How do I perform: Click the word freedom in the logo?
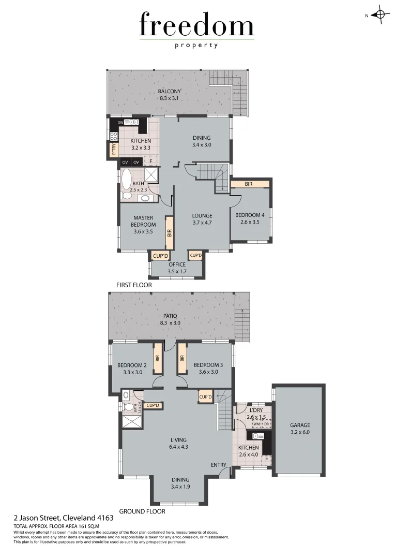[196, 25]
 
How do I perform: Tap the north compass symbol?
[380, 15]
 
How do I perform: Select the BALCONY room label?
[169, 92]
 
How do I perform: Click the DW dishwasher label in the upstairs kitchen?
[120, 122]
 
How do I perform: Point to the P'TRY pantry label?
[114, 150]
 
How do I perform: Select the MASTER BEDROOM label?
[143, 221]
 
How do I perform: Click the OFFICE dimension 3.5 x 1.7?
[176, 271]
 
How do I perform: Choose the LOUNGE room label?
[202, 215]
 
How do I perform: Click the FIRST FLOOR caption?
[134, 285]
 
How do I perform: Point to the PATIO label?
[170, 315]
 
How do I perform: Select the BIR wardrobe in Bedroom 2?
[157, 359]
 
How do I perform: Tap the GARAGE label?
[300, 425]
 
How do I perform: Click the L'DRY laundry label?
[256, 410]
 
